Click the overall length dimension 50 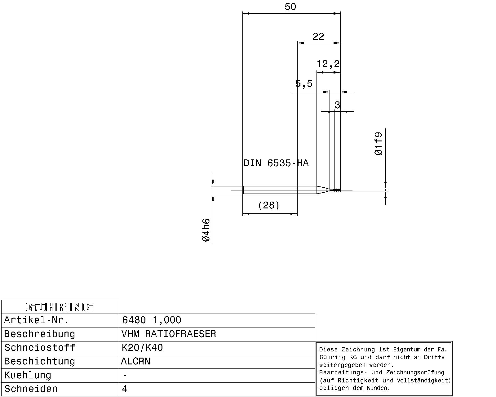(290, 7)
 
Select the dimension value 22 (318, 37)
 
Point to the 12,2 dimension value (328, 64)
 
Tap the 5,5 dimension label (304, 84)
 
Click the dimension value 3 (337, 105)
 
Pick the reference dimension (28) (269, 205)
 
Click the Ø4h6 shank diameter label (206, 230)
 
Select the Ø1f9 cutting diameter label (379, 144)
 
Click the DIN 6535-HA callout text (276, 163)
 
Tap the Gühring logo (60, 307)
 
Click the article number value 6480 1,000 (151, 320)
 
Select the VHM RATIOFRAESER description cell (169, 334)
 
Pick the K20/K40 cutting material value (142, 347)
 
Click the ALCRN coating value (135, 361)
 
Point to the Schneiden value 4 (125, 389)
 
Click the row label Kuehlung (28, 375)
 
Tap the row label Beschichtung (40, 361)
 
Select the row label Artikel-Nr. (36, 320)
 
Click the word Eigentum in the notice (407, 350)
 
